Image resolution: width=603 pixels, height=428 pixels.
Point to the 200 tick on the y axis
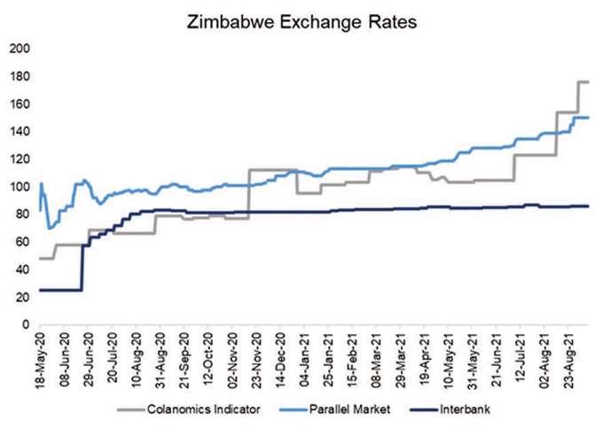tap(19, 49)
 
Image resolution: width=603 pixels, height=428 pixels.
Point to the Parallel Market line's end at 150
tap(588, 117)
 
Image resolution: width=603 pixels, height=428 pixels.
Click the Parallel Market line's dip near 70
tap(51, 229)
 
